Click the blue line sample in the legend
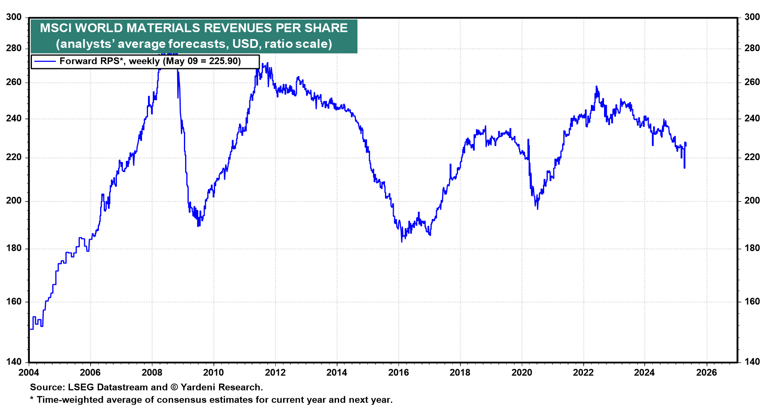[x=45, y=61]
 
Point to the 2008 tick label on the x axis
[x=152, y=373]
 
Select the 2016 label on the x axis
[x=399, y=373]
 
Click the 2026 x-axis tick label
[x=707, y=373]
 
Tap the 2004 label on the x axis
[x=29, y=373]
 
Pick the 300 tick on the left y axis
[x=14, y=17]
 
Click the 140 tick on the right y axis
[x=752, y=362]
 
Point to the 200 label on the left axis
[x=14, y=201]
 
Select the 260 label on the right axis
[x=752, y=82]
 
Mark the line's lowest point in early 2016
[x=402, y=241]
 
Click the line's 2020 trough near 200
[x=537, y=209]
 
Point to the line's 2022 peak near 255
[x=596, y=86]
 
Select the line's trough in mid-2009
[x=198, y=226]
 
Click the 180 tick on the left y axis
[x=14, y=248]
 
